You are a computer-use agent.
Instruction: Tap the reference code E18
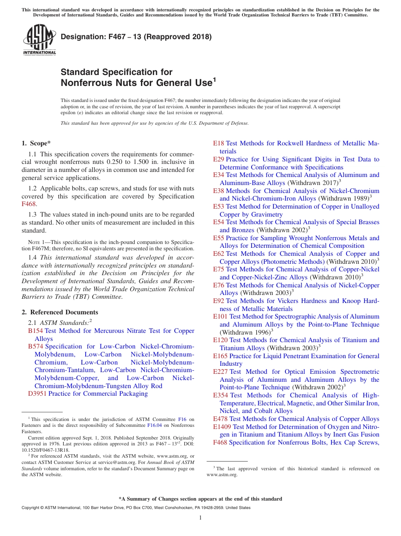218,143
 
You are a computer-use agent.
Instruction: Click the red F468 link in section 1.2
28,204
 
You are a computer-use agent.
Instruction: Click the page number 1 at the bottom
200,518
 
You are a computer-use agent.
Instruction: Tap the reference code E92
219,301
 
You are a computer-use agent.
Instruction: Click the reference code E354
220,395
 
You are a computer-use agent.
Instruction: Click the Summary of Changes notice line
200,499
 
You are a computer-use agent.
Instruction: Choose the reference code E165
220,356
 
